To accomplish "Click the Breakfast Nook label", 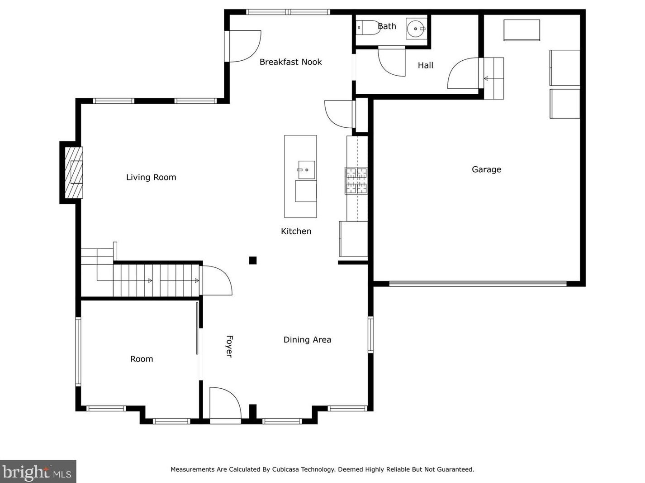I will coord(290,62).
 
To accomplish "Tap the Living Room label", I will coord(151,177).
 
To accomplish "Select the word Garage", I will coord(486,169).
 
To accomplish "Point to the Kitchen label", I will coord(296,231).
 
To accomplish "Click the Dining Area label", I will coord(307,340).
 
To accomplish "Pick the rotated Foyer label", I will coord(229,347).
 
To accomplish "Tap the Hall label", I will coord(425,65).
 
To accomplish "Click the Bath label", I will coord(387,26).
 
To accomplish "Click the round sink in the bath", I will coord(416,29).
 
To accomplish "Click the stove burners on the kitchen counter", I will coord(356,181).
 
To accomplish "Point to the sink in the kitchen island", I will coord(306,170).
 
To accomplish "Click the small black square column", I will coord(253,260).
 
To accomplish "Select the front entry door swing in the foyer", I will coord(225,403).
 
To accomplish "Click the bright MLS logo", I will coord(38,472).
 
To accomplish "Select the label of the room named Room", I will coord(142,359).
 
